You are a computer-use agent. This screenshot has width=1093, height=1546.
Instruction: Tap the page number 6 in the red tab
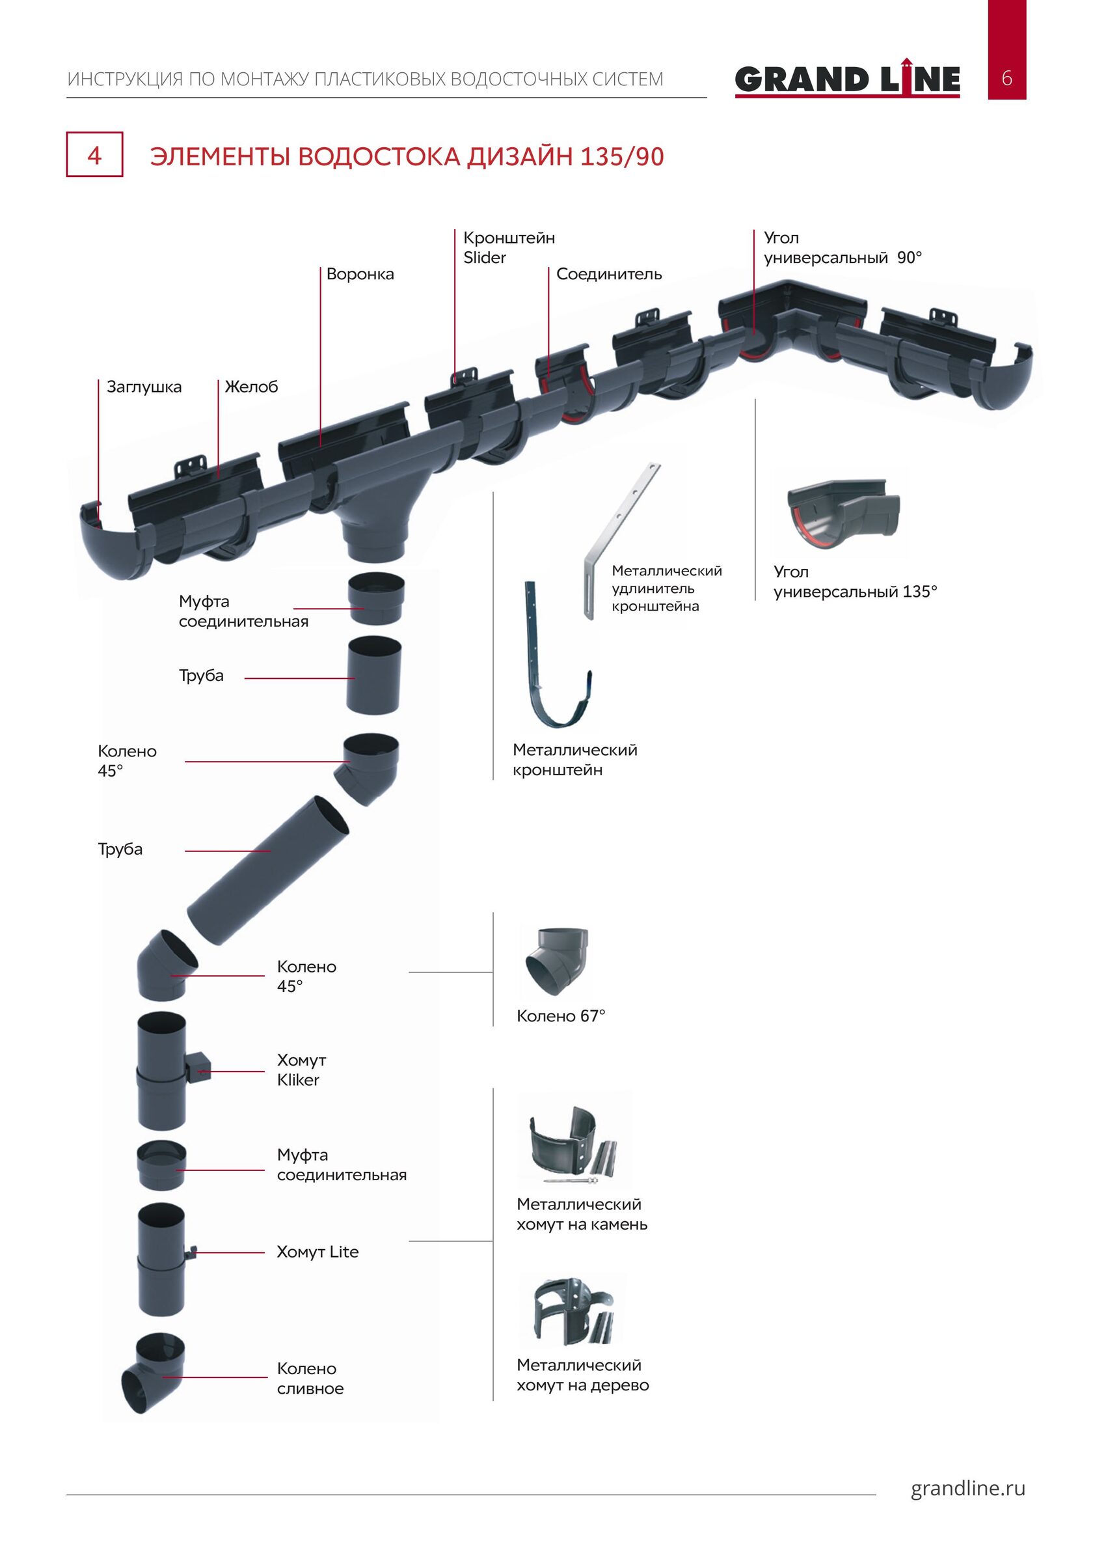1006,78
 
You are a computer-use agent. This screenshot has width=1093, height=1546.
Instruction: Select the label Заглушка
144,387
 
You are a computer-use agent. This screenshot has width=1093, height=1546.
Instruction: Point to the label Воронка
360,274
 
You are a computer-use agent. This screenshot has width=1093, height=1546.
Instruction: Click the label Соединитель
609,274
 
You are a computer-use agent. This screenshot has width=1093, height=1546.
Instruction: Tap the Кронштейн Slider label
509,247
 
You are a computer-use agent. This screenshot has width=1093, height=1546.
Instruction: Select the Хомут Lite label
317,1252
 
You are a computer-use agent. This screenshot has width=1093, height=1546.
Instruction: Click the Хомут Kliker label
301,1070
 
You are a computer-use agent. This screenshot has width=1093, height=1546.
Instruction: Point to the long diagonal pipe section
267,870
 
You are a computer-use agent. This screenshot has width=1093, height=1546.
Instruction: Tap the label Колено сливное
310,1378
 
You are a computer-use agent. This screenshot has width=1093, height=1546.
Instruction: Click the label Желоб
251,387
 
